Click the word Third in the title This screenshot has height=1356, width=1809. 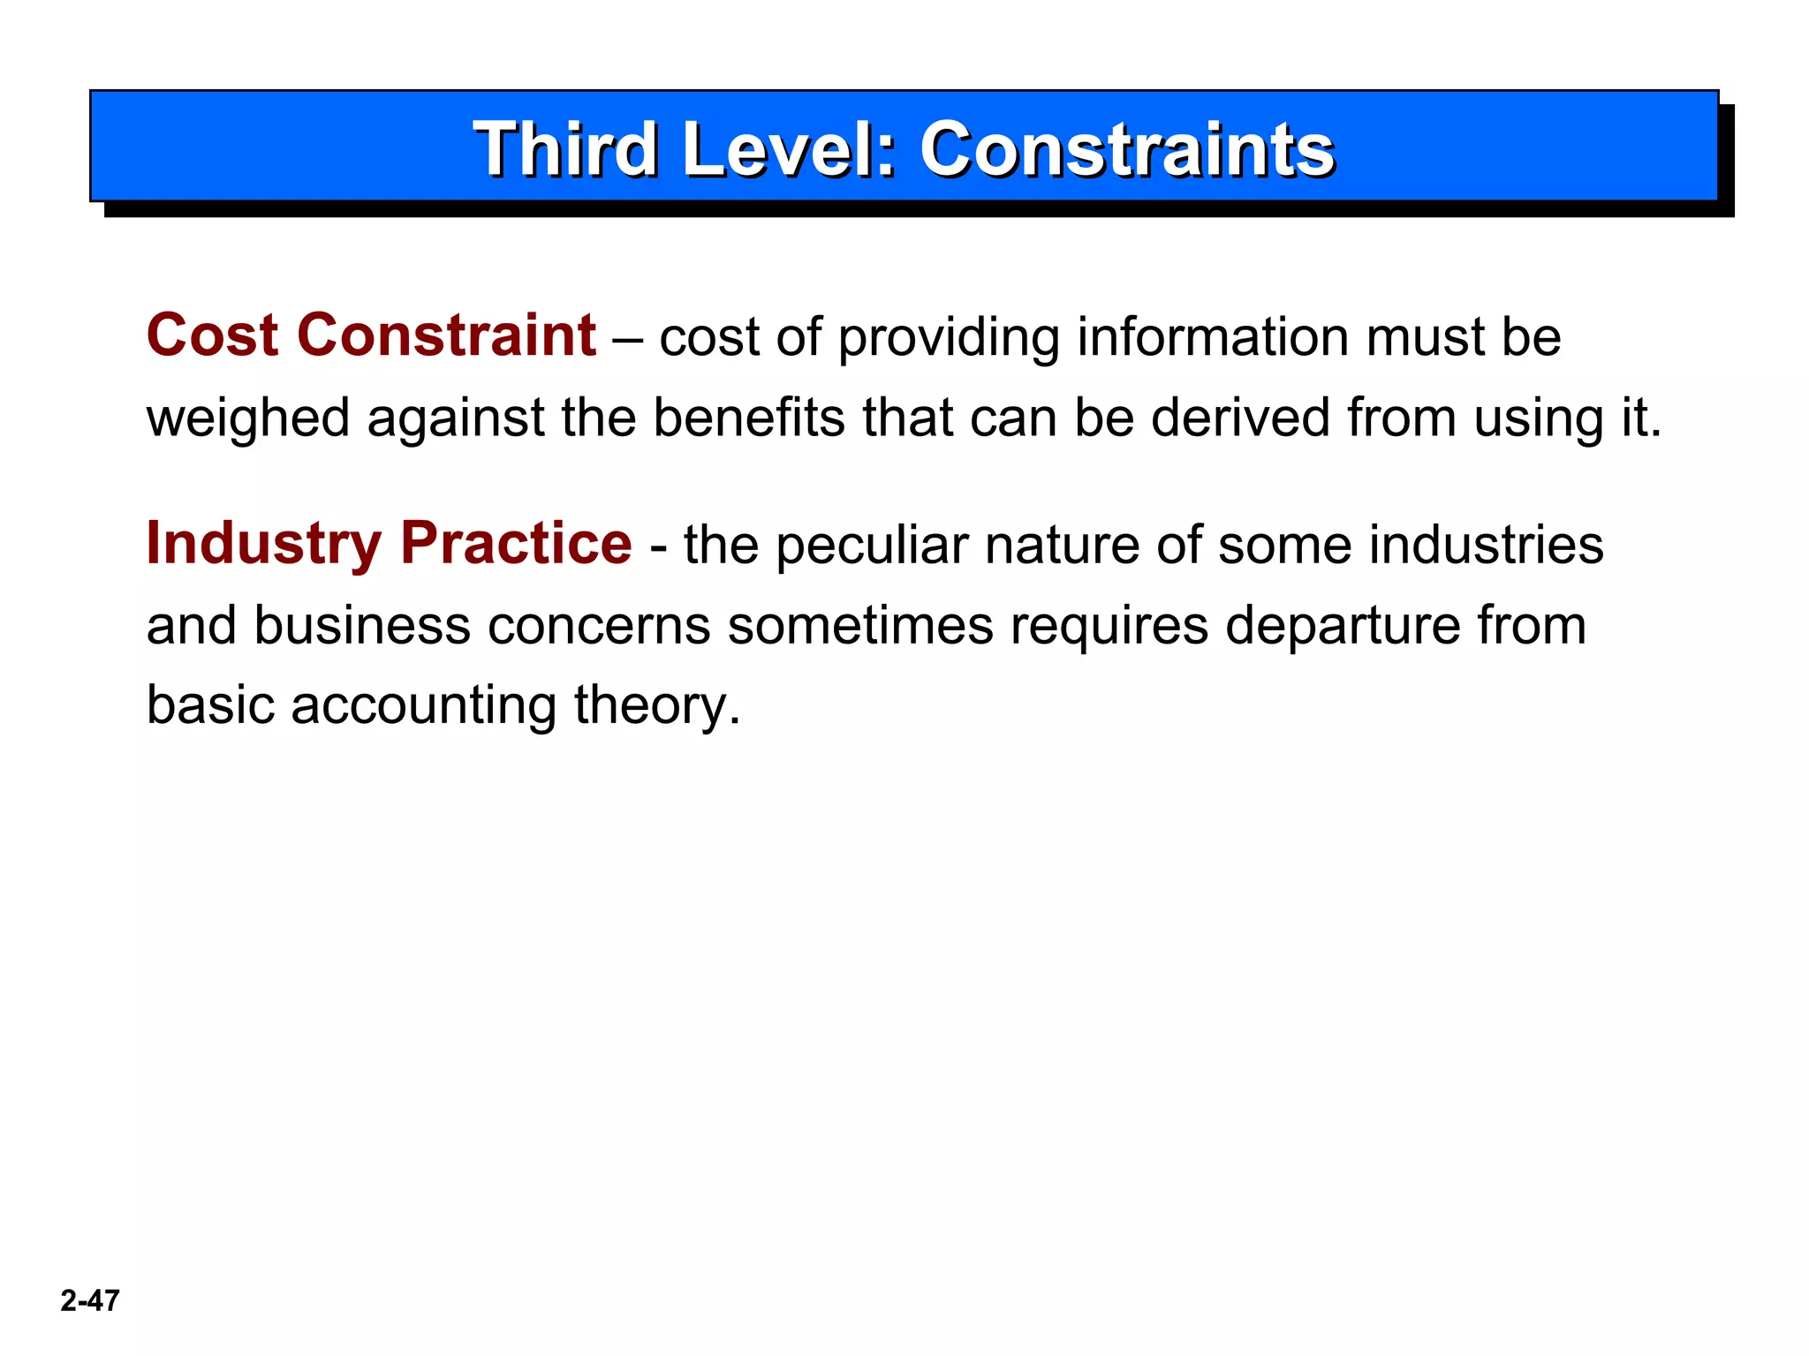pyautogui.click(x=565, y=149)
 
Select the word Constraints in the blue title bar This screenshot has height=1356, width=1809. pyautogui.click(x=1126, y=149)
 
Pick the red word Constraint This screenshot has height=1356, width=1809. pyautogui.click(x=446, y=336)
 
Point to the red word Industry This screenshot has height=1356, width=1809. pyautogui.click(x=263, y=544)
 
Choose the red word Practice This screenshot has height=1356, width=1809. pyautogui.click(x=516, y=543)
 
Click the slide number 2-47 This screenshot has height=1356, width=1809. pyautogui.click(x=90, y=1300)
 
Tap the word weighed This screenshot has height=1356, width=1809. pyautogui.click(x=248, y=418)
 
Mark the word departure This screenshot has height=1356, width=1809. pyautogui.click(x=1343, y=626)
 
